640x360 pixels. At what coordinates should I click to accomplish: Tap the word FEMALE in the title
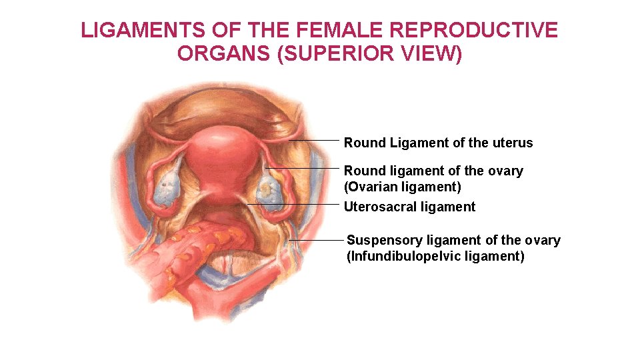[328, 31]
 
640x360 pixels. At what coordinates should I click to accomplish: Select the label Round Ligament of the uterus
[438, 143]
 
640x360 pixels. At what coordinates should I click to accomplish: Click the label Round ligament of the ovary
[433, 171]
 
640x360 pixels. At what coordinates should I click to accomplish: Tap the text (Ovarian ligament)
[402, 187]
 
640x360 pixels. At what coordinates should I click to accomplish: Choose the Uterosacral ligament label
[409, 207]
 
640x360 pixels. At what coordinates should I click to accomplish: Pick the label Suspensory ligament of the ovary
[453, 240]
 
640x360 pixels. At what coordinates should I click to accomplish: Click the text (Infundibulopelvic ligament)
[435, 256]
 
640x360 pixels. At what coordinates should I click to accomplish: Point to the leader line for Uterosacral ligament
[293, 203]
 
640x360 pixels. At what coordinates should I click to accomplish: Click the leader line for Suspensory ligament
[317, 239]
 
